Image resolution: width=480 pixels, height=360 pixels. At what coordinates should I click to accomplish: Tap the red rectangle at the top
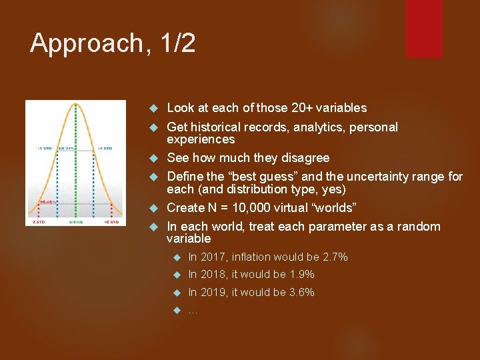(424, 28)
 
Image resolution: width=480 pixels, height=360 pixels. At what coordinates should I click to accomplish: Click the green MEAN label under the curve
(76, 221)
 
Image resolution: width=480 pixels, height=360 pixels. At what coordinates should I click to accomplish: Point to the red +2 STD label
(113, 221)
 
